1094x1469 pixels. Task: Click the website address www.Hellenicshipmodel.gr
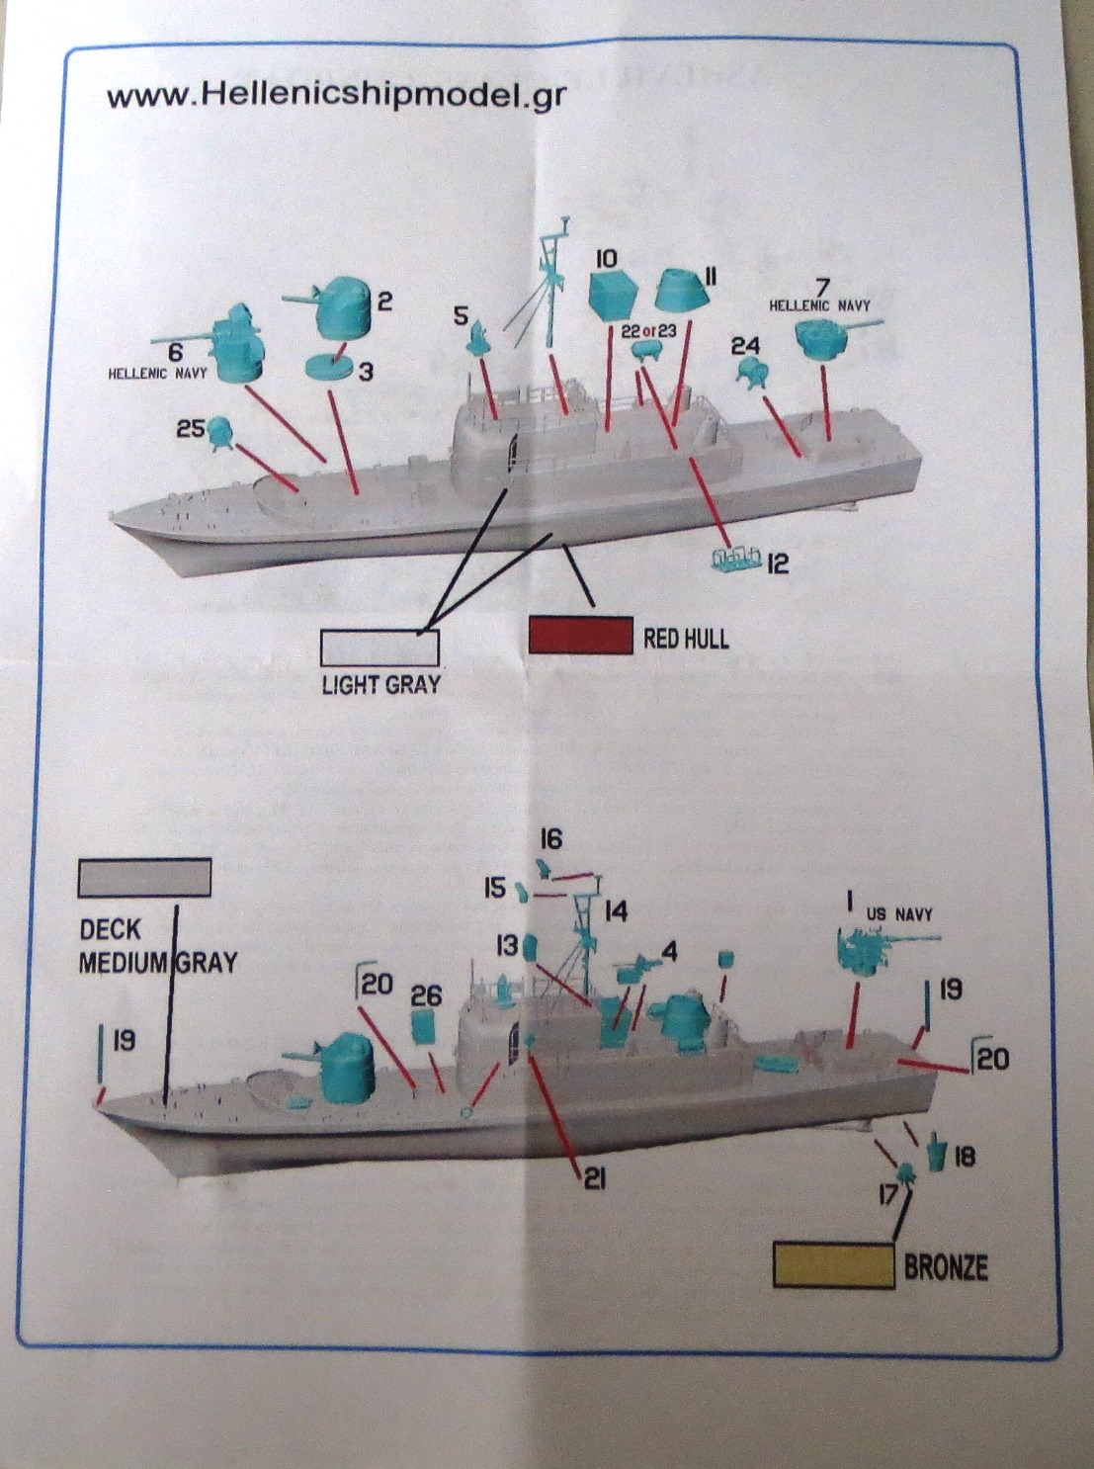(x=336, y=96)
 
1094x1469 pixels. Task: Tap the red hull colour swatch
(x=581, y=636)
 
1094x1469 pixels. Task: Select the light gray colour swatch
(x=379, y=648)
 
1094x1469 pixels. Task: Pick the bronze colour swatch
(x=833, y=1265)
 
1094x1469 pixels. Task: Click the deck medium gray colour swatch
(x=144, y=877)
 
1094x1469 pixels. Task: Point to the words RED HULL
(x=686, y=639)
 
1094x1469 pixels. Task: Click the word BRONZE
(x=946, y=1267)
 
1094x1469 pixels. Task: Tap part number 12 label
(x=778, y=563)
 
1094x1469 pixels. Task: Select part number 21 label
(x=594, y=1178)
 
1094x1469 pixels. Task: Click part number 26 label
(x=426, y=994)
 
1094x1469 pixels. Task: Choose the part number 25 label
(x=190, y=429)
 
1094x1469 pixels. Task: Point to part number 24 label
(x=745, y=345)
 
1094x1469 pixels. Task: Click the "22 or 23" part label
(x=648, y=331)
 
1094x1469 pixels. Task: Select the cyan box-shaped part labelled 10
(x=612, y=294)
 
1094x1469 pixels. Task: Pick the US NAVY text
(x=898, y=914)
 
